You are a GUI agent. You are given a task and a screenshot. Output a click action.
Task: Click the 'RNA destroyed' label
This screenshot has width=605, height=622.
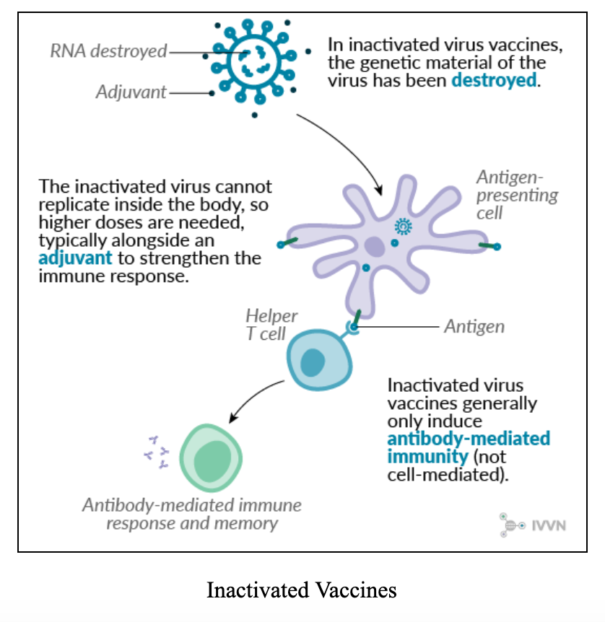108,51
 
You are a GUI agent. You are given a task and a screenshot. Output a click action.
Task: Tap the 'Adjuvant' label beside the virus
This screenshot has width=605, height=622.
131,92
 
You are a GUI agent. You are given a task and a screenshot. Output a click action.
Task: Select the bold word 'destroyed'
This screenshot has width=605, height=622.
495,80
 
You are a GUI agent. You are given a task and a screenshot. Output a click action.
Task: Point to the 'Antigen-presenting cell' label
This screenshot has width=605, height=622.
516,195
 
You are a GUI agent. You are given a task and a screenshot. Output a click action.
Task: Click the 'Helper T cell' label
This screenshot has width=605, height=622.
271,325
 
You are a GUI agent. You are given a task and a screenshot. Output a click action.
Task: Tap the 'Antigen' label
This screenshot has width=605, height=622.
474,326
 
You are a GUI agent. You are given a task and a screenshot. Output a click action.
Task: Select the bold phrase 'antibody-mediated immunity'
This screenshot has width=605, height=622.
469,447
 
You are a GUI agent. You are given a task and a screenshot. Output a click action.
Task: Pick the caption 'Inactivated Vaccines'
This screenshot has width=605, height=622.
302,590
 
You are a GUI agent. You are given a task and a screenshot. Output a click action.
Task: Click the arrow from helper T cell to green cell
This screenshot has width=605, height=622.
253,399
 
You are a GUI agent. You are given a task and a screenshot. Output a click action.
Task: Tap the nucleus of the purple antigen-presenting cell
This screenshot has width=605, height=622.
374,248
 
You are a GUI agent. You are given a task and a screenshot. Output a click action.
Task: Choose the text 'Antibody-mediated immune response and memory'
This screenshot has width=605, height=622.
191,514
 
